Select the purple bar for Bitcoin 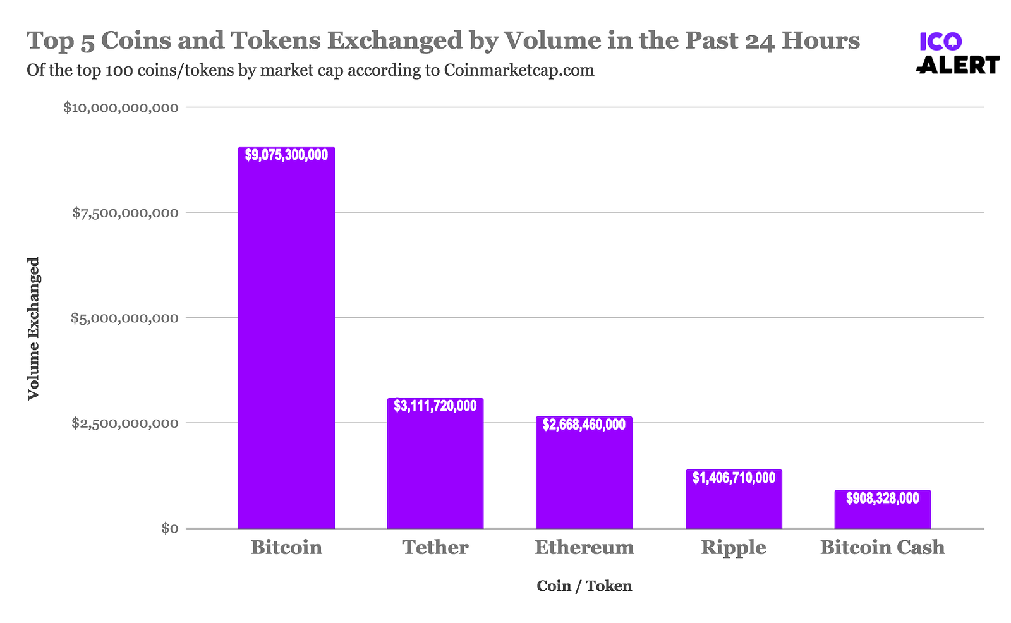[286, 341]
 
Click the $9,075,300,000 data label [286, 155]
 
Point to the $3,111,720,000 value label [435, 406]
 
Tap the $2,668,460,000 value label [584, 425]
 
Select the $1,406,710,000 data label [734, 478]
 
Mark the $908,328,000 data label [882, 499]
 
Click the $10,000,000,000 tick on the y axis [121, 108]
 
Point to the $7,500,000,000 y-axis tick [125, 213]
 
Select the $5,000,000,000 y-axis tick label [124, 318]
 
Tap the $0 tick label [168, 528]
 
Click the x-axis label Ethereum [584, 547]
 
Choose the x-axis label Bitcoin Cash [882, 547]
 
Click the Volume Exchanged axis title [33, 329]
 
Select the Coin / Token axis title [584, 586]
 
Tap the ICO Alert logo [957, 53]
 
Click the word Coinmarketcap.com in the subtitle [519, 70]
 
